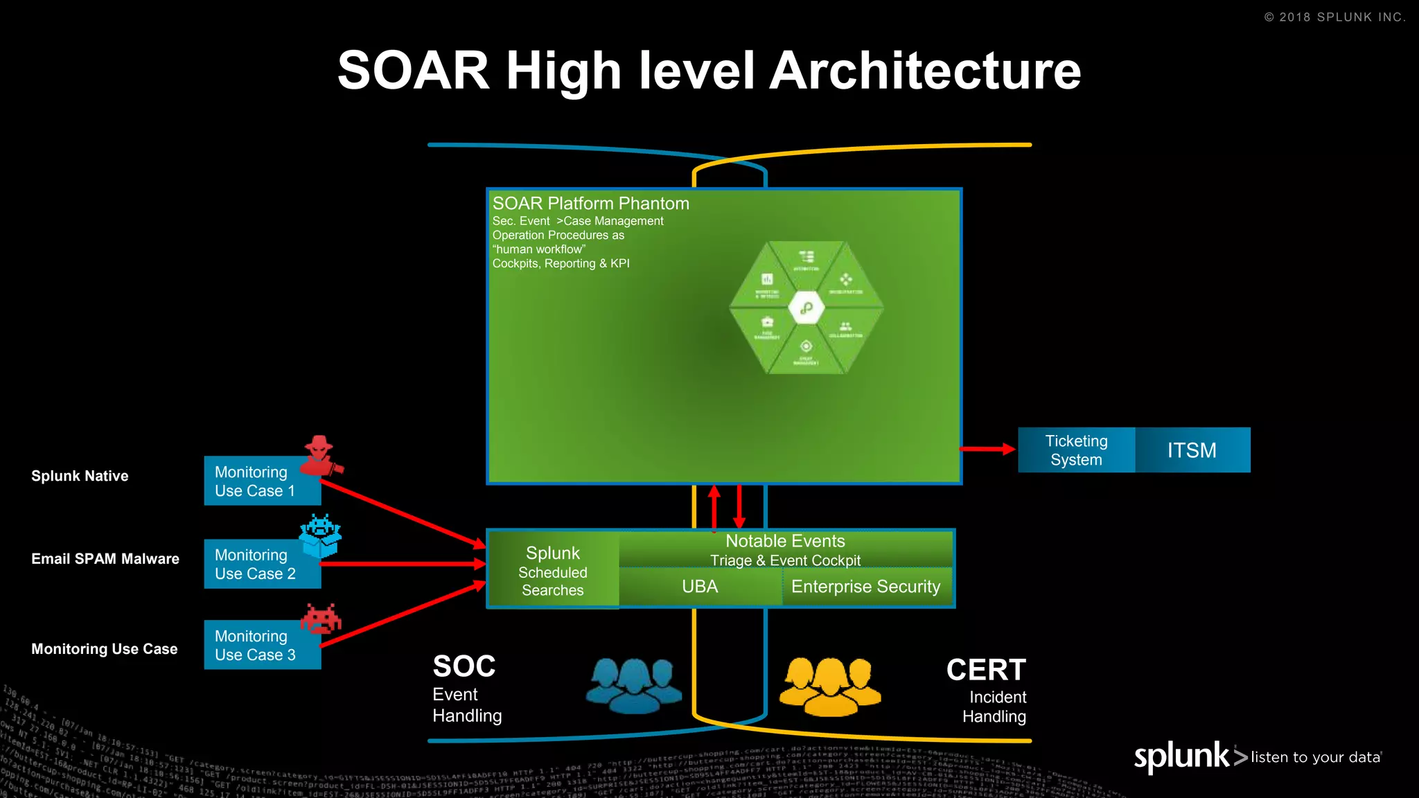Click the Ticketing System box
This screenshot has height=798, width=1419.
click(1076, 450)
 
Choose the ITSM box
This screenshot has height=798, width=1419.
click(1192, 450)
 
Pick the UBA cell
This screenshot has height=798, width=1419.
click(700, 587)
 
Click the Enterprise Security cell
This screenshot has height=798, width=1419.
click(865, 587)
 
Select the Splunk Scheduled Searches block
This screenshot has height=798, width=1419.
click(553, 571)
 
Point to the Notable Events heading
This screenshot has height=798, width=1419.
click(785, 541)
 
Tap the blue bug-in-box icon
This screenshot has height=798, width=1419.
click(320, 535)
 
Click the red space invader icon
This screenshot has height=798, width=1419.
click(321, 618)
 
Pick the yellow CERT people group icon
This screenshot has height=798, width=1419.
click(829, 686)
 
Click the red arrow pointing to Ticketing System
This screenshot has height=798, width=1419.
click(987, 450)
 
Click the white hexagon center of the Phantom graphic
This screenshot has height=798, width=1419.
click(806, 308)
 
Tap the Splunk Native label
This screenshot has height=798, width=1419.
click(80, 476)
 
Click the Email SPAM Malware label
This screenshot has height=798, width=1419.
click(105, 559)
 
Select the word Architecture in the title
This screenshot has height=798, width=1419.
click(925, 71)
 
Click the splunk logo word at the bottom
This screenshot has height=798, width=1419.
click(1181, 756)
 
